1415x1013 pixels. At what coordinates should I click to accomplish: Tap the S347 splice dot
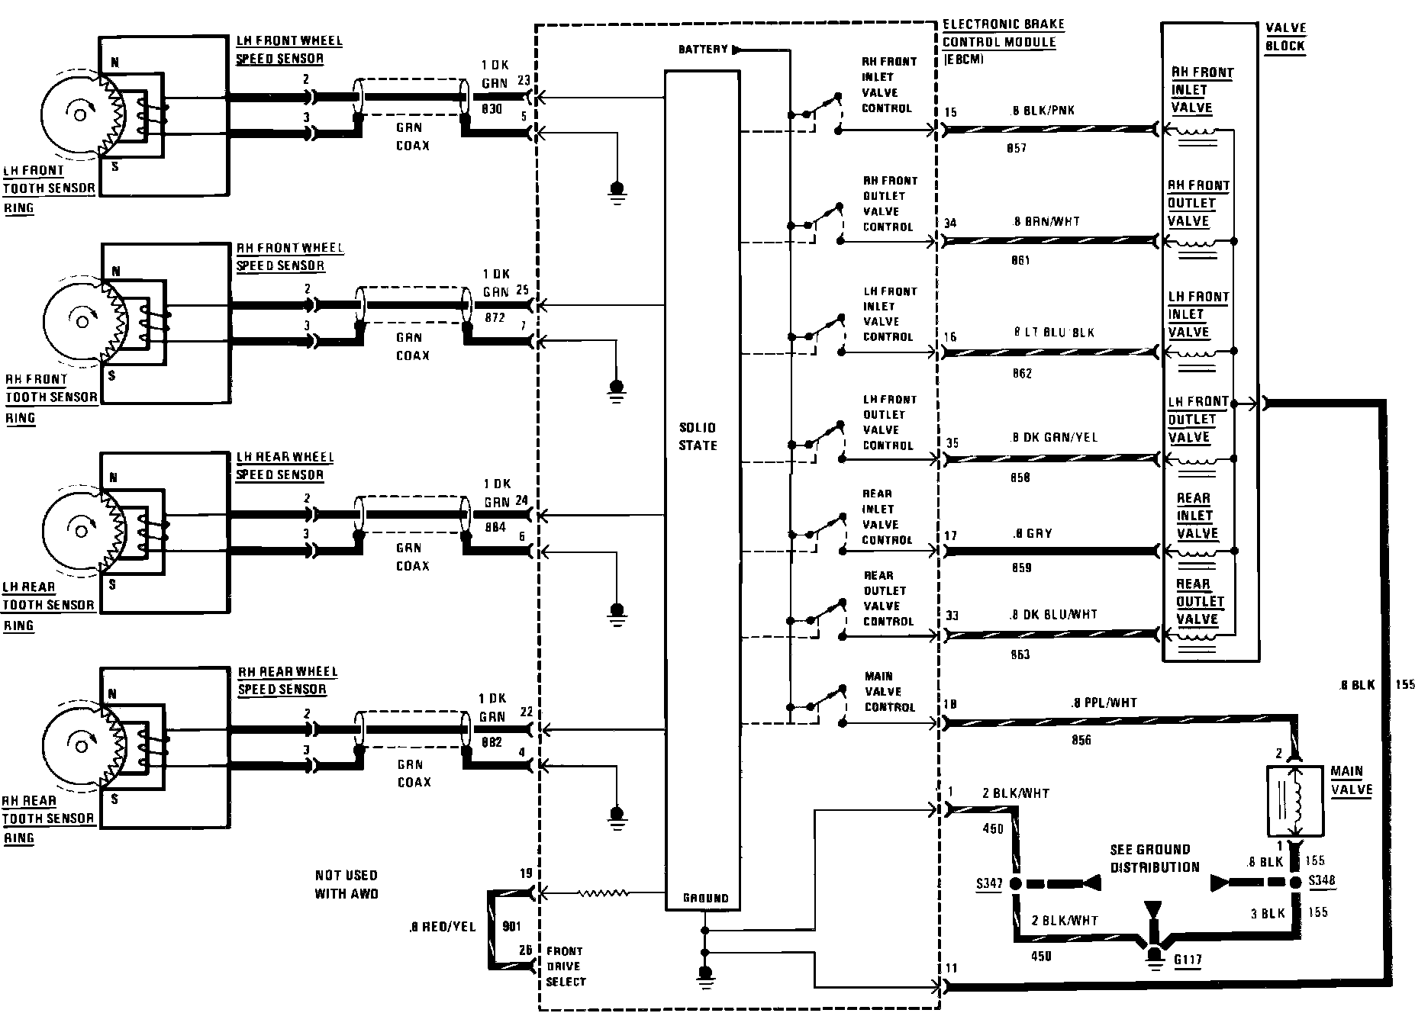point(1016,884)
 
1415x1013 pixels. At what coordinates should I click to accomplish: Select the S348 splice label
point(1322,880)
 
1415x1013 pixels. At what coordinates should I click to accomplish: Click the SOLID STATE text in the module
point(698,436)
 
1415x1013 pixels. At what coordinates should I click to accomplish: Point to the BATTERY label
point(703,50)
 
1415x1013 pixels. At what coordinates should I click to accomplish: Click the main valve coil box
point(1294,800)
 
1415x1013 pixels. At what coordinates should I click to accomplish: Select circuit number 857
point(1017,148)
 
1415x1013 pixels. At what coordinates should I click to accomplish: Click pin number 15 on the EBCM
point(950,113)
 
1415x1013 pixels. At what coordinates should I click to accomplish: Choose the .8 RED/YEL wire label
point(442,927)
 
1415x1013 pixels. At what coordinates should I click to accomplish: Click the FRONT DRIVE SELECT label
point(566,966)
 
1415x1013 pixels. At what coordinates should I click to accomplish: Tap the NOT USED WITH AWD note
point(346,884)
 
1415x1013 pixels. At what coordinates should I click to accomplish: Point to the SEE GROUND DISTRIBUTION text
point(1155,858)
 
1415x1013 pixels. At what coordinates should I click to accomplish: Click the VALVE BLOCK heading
point(1285,37)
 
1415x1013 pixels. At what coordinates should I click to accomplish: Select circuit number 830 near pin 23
point(492,109)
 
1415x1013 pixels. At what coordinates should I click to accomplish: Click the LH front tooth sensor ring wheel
point(76,114)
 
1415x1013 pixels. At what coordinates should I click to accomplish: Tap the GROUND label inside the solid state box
point(705,899)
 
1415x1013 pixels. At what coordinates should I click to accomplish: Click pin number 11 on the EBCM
point(950,969)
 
